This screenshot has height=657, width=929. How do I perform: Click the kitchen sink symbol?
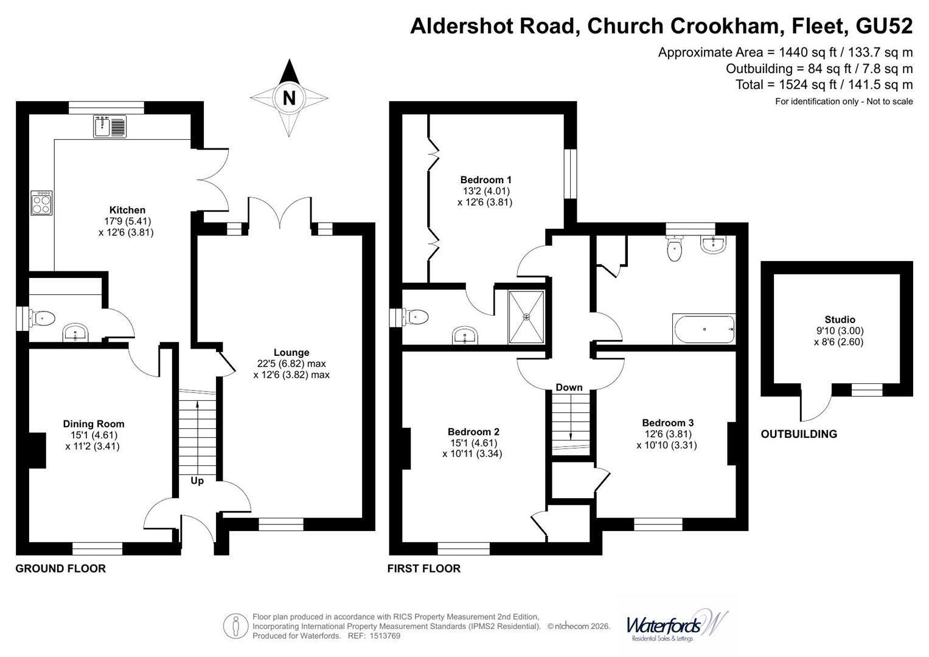[x=110, y=126]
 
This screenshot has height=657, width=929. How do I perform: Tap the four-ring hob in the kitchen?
[x=41, y=203]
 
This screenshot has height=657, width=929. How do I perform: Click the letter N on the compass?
[x=289, y=99]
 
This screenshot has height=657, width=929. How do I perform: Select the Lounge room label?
[x=291, y=353]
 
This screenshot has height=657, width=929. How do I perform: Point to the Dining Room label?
[x=94, y=424]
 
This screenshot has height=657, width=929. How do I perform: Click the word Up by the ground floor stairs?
[x=197, y=481]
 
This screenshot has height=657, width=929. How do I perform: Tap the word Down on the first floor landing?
[x=569, y=388]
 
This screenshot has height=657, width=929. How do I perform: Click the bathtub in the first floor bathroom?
[x=705, y=329]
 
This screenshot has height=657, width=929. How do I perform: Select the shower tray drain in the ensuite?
[x=526, y=318]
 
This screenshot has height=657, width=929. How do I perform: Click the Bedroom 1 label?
[x=485, y=180]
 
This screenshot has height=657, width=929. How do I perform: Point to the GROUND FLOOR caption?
[x=61, y=569]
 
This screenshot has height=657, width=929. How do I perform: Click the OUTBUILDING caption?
[x=799, y=434]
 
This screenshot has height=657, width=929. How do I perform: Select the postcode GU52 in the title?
[x=884, y=26]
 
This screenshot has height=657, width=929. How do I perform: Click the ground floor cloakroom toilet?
[x=42, y=319]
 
